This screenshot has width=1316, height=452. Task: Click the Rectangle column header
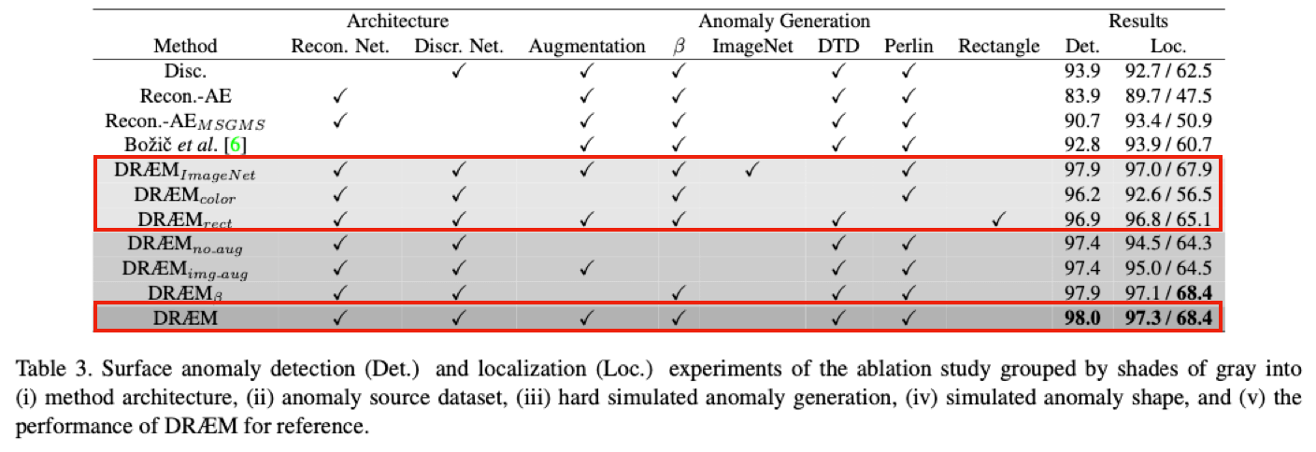pyautogui.click(x=999, y=46)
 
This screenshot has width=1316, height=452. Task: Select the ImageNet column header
pyautogui.click(x=752, y=46)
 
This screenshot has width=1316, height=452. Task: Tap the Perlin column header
pyautogui.click(x=908, y=46)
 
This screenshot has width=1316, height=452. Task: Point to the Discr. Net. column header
pyautogui.click(x=459, y=46)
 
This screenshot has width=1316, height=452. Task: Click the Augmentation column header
pyautogui.click(x=587, y=46)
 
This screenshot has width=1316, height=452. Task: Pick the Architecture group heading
pyautogui.click(x=398, y=21)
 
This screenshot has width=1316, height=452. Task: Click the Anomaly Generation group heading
pyautogui.click(x=784, y=21)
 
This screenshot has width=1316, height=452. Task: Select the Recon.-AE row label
pyautogui.click(x=186, y=95)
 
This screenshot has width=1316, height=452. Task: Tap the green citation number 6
pyautogui.click(x=235, y=145)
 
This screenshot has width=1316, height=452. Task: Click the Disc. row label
pyautogui.click(x=186, y=71)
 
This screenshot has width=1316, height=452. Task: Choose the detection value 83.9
pyautogui.click(x=1082, y=95)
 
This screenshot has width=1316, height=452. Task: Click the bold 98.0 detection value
pyautogui.click(x=1082, y=318)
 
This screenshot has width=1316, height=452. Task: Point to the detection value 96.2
pyautogui.click(x=1082, y=194)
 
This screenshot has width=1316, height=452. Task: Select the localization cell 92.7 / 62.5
pyautogui.click(x=1168, y=71)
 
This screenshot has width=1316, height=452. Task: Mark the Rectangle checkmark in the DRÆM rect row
pyautogui.click(x=998, y=219)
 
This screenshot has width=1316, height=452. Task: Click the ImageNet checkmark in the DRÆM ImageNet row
pyautogui.click(x=751, y=170)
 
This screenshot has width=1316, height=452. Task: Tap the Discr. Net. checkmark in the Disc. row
pyautogui.click(x=458, y=71)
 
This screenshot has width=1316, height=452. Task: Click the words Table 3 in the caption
pyautogui.click(x=53, y=369)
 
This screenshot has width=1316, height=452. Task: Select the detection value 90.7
pyautogui.click(x=1082, y=120)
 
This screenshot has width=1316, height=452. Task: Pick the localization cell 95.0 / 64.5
pyautogui.click(x=1168, y=268)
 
